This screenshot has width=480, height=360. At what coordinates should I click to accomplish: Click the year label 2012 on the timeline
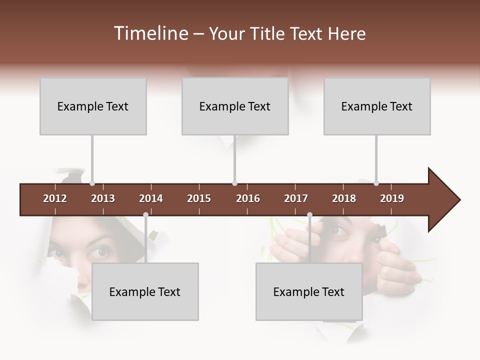[55, 198]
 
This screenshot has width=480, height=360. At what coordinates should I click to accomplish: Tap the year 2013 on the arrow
[103, 198]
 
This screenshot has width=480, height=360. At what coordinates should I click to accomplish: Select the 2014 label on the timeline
[151, 198]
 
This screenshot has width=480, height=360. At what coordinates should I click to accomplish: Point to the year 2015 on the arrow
[199, 198]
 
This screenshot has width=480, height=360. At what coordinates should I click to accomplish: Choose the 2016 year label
[248, 198]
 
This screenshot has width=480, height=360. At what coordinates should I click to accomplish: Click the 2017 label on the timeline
[296, 198]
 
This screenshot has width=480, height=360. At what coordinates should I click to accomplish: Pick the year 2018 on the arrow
[344, 198]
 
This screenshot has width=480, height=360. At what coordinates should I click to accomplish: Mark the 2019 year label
[392, 198]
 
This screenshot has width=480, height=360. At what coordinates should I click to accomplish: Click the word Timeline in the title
[149, 33]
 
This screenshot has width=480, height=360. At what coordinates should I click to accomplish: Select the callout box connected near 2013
[93, 106]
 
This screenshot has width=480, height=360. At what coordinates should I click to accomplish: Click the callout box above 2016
[235, 106]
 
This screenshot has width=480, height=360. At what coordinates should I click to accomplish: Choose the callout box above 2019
[377, 106]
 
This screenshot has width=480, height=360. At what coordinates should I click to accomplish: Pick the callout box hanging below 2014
[145, 291]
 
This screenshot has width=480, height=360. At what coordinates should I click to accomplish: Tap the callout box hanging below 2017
[309, 291]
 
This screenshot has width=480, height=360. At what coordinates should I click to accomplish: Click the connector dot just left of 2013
[92, 183]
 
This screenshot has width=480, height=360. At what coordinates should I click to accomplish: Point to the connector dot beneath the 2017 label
[309, 215]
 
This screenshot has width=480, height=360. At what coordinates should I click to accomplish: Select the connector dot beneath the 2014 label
[145, 215]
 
